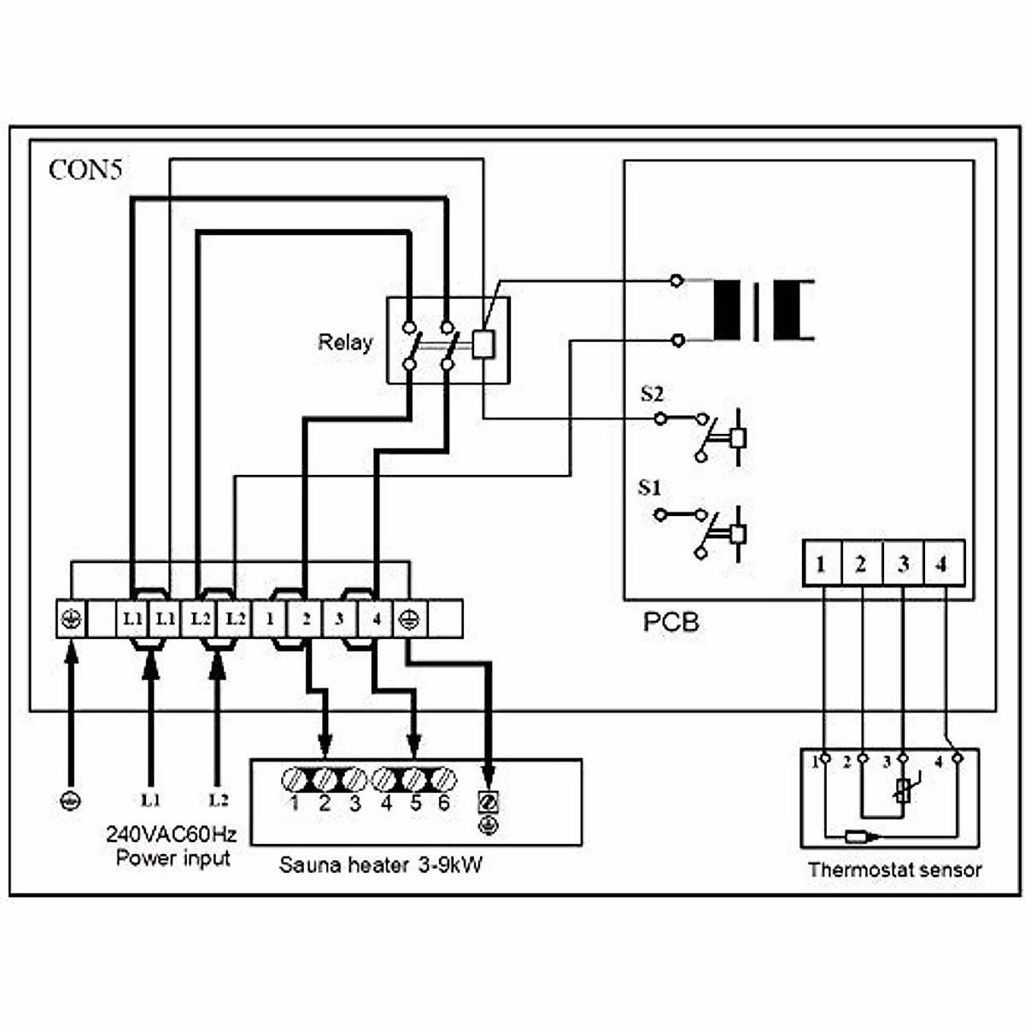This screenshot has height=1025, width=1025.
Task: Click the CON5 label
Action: click(85, 169)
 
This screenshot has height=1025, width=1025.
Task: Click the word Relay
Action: click(345, 343)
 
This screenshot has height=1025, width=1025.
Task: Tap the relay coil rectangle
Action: click(483, 343)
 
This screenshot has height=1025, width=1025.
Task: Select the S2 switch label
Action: click(652, 394)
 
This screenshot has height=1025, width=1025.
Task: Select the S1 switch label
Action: click(650, 489)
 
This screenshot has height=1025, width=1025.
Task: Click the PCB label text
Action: click(671, 622)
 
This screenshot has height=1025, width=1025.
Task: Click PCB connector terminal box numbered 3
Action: click(903, 564)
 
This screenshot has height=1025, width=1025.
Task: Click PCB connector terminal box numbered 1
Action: click(821, 564)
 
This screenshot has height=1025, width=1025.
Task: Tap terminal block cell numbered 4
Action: click(375, 618)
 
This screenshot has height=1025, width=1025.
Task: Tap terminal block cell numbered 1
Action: click(270, 618)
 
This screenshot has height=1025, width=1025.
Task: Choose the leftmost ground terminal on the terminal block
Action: click(72, 618)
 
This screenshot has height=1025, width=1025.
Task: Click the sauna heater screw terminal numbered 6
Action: click(442, 779)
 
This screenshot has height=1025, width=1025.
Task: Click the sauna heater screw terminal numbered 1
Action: click(295, 779)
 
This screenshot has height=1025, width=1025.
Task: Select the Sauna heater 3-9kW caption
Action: click(381, 864)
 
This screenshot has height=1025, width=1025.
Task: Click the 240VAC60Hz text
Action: click(172, 834)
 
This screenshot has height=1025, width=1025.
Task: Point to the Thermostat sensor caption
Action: click(894, 870)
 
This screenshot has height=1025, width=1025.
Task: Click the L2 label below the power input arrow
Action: click(219, 800)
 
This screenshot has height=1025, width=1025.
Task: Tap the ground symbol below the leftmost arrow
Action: click(72, 800)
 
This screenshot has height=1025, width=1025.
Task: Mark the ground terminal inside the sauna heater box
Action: click(489, 803)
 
